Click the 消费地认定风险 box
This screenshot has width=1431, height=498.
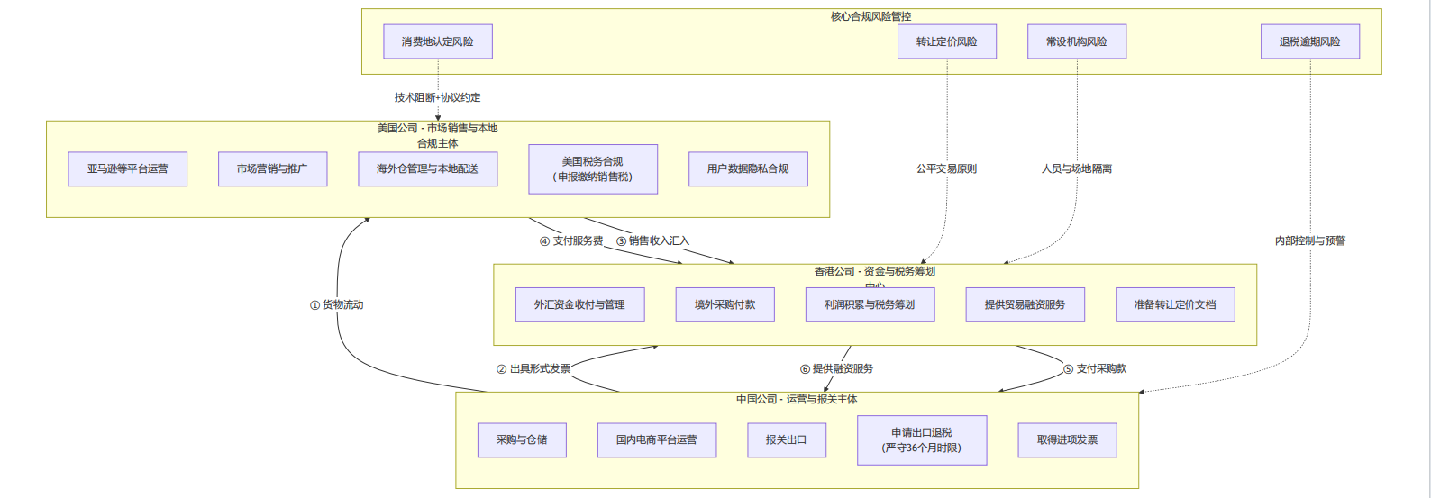pyautogui.click(x=438, y=41)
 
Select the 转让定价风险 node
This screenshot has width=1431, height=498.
pyautogui.click(x=947, y=41)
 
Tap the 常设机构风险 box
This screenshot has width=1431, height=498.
pyautogui.click(x=1077, y=41)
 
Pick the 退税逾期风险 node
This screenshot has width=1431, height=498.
pyautogui.click(x=1309, y=41)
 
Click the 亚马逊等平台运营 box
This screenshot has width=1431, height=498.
pyautogui.click(x=128, y=168)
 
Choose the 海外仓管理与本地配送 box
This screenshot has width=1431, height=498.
pyautogui.click(x=428, y=168)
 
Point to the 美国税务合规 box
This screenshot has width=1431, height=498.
pyautogui.click(x=593, y=168)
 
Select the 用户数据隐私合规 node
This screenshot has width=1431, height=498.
pyautogui.click(x=748, y=168)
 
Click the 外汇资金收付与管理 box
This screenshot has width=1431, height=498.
pyautogui.click(x=579, y=304)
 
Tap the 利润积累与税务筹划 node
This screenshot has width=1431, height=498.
pyautogui.click(x=870, y=304)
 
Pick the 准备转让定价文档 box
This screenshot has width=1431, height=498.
pyautogui.click(x=1175, y=304)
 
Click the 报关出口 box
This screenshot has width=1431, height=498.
pyautogui.click(x=786, y=439)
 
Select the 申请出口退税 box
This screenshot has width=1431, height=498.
pyautogui.click(x=922, y=439)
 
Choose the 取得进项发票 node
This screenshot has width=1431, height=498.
pyautogui.click(x=1068, y=439)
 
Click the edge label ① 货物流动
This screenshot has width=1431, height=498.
pyautogui.click(x=337, y=304)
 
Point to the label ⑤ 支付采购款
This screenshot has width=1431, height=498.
pyautogui.click(x=1095, y=368)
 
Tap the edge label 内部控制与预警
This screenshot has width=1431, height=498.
pyautogui.click(x=1310, y=240)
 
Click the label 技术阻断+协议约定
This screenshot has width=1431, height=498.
pyautogui.click(x=438, y=97)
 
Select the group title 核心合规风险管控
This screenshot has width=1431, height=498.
pyautogui.click(x=870, y=16)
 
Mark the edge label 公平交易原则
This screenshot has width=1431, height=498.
pyautogui.click(x=947, y=168)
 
